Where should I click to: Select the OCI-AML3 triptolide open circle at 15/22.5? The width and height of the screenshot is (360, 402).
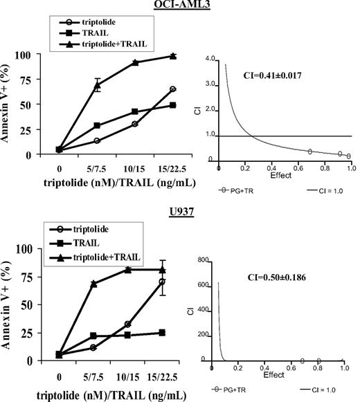pyautogui.click(x=172, y=89)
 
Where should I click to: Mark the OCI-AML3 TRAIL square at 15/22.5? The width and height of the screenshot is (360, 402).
pyautogui.click(x=172, y=105)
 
